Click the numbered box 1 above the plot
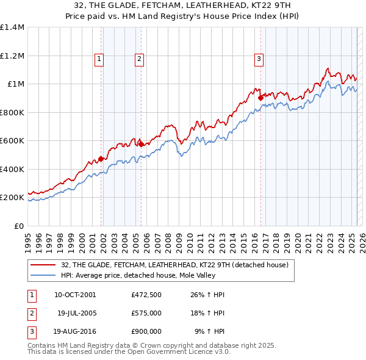[x=99, y=59]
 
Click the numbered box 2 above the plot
[x=139, y=59]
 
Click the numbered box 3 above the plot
[x=259, y=59]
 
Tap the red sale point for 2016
[x=260, y=97]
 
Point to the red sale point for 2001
[x=101, y=159]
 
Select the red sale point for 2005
[x=141, y=144]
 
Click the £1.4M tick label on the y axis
[x=12, y=27]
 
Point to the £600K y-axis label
[x=12, y=141]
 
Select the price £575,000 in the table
[x=146, y=313]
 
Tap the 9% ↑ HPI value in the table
[x=209, y=331]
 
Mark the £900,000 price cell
[x=146, y=331]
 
